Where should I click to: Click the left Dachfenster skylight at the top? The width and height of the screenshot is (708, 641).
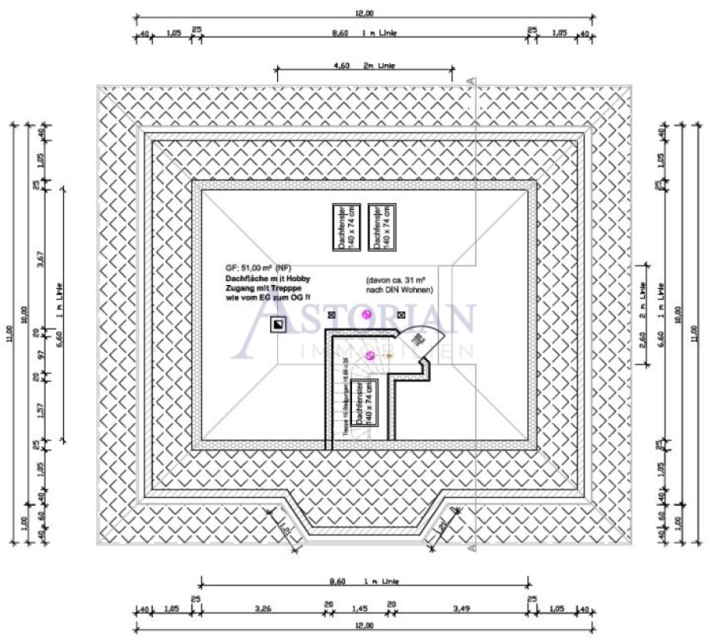tap(342, 227)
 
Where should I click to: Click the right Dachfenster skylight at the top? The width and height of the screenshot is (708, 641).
tap(382, 227)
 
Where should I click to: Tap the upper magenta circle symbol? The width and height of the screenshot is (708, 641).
tap(367, 314)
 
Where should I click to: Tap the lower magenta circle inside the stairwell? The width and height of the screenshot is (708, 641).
tap(370, 354)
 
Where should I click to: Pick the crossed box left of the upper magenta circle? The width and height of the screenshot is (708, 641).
tap(332, 315)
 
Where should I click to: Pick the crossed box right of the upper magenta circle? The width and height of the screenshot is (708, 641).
tap(401, 315)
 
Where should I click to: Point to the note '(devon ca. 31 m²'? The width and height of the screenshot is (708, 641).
tap(398, 280)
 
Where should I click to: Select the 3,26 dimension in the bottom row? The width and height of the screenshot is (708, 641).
tap(263, 608)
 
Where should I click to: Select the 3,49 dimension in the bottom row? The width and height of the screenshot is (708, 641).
tap(461, 608)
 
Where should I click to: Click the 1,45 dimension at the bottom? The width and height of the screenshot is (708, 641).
tap(359, 608)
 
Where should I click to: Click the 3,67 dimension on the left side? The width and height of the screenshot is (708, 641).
tap(41, 259)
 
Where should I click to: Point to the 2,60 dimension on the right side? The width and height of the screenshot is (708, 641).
tap(643, 338)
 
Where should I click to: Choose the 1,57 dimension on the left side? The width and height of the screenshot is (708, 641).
tap(41, 409)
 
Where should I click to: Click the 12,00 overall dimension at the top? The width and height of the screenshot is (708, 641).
tap(364, 13)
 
